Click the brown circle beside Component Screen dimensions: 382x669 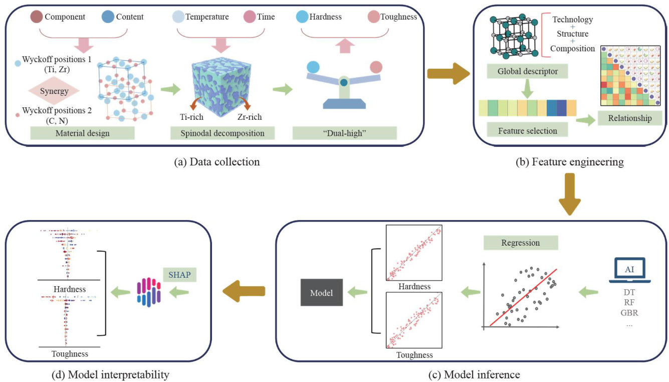[x=37, y=17]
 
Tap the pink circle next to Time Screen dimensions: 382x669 [x=250, y=17]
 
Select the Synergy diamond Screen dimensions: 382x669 [x=54, y=91]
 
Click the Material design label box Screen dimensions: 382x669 [x=82, y=133]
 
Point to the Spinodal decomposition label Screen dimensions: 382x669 [x=224, y=133]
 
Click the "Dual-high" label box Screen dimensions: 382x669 [x=345, y=133]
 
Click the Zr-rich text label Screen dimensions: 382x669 [x=249, y=117]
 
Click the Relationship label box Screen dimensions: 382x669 [x=630, y=118]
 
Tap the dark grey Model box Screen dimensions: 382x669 [x=321, y=292]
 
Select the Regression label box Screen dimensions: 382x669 [x=520, y=243]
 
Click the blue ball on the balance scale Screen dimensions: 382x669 [x=313, y=67]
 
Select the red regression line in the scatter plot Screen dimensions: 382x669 [x=523, y=296]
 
